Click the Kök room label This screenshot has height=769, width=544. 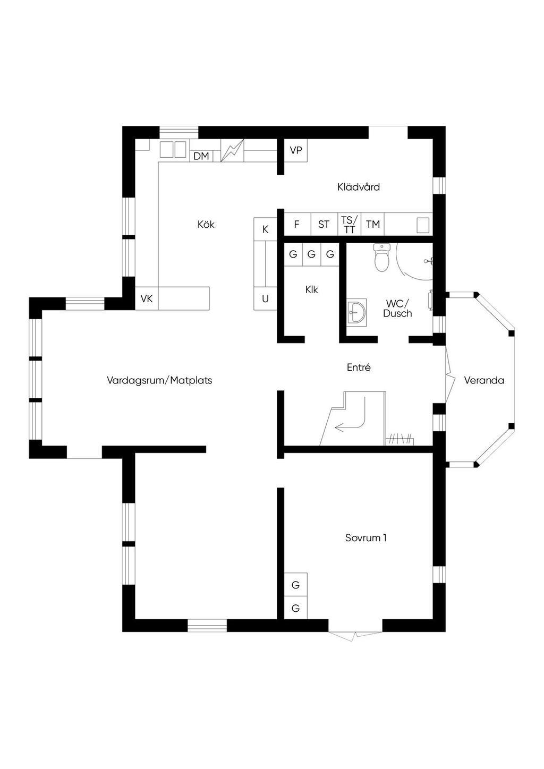pyautogui.click(x=206, y=225)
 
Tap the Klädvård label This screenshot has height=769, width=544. pyautogui.click(x=359, y=187)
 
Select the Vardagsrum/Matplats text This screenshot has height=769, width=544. pyautogui.click(x=159, y=380)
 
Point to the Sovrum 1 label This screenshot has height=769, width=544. pyautogui.click(x=366, y=537)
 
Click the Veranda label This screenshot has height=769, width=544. pyautogui.click(x=484, y=380)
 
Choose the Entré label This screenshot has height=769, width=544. pyautogui.click(x=359, y=367)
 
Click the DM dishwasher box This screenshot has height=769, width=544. pyautogui.click(x=201, y=156)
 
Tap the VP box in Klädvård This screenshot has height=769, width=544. pyautogui.click(x=296, y=151)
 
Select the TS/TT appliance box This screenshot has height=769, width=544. pyautogui.click(x=349, y=224)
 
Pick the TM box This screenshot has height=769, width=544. pyautogui.click(x=373, y=224)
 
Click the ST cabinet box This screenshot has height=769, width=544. pyautogui.click(x=324, y=224)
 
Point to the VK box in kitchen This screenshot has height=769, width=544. pyautogui.click(x=147, y=298)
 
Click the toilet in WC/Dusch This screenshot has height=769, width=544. pyautogui.click(x=382, y=258)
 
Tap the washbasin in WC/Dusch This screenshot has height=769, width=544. pyautogui.click(x=356, y=312)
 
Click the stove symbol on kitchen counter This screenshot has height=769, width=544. pyautogui.click(x=232, y=151)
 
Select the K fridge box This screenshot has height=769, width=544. pyautogui.click(x=266, y=229)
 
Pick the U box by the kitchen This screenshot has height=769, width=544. pyautogui.click(x=266, y=299)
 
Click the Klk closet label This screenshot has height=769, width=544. pyautogui.click(x=312, y=290)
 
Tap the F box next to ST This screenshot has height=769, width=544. pyautogui.click(x=296, y=224)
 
